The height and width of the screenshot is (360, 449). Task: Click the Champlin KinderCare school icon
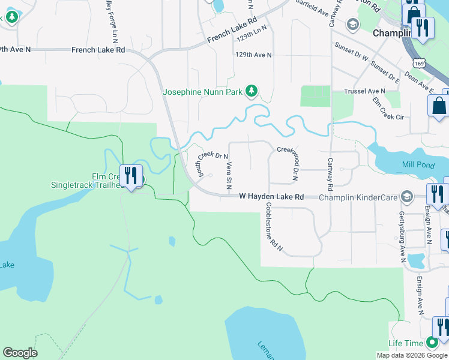click(407, 197)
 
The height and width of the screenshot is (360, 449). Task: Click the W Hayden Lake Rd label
click(271, 197)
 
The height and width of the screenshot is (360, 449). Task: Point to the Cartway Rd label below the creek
click(330, 171)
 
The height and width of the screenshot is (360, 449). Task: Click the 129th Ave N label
click(253, 55)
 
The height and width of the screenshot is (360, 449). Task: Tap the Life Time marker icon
click(432, 343)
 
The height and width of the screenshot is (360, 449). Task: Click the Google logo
click(20, 353)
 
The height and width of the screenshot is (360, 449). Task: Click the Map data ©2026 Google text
click(412, 355)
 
